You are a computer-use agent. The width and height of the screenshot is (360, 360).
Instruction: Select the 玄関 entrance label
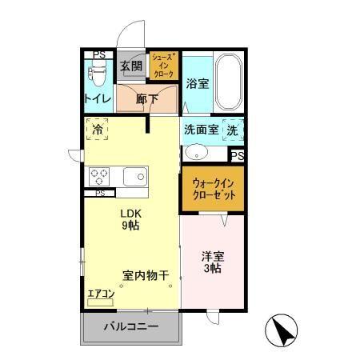[x=130, y=66]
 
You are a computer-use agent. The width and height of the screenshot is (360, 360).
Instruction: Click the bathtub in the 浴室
[x=227, y=84]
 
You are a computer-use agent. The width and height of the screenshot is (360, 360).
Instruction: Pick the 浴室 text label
[x=197, y=82]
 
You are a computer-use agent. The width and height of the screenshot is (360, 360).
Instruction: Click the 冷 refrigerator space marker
[x=98, y=129]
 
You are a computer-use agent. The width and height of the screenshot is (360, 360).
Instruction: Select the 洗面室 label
[x=201, y=129]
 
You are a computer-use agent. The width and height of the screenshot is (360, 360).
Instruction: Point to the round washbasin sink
[x=194, y=152]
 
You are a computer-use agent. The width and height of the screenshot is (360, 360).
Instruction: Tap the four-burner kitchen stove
[x=100, y=175]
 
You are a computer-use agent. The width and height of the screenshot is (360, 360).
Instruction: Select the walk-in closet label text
[x=211, y=189]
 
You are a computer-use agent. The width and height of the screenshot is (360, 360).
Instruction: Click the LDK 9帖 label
[x=130, y=220]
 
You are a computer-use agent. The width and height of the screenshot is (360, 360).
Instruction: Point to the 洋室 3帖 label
[x=211, y=262]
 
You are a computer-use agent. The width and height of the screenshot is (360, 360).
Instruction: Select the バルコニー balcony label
[x=132, y=326]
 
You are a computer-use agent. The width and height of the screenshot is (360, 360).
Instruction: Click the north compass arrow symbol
[x=282, y=329]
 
